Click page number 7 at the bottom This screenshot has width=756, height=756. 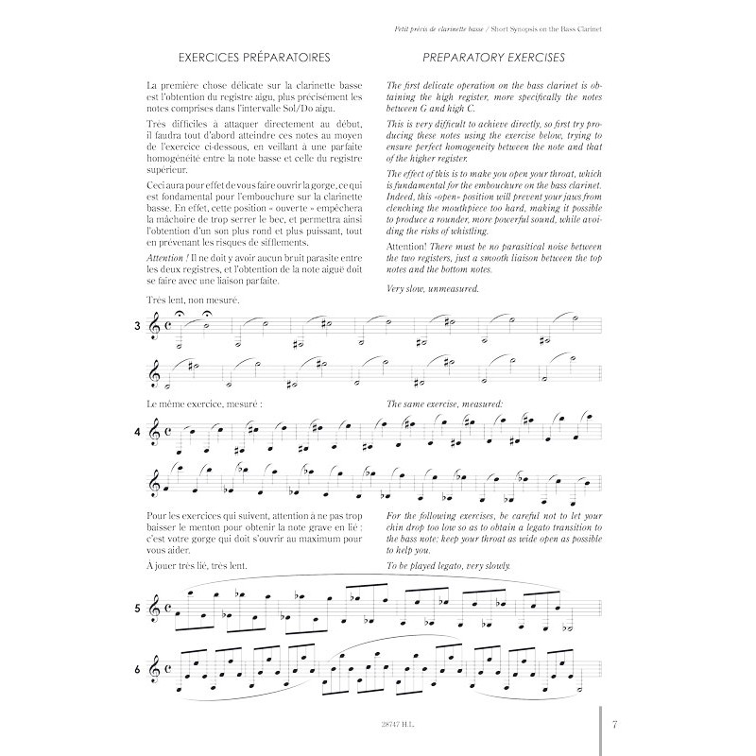pyautogui.click(x=614, y=724)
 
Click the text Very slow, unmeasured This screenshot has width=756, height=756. pyautogui.click(x=433, y=288)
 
